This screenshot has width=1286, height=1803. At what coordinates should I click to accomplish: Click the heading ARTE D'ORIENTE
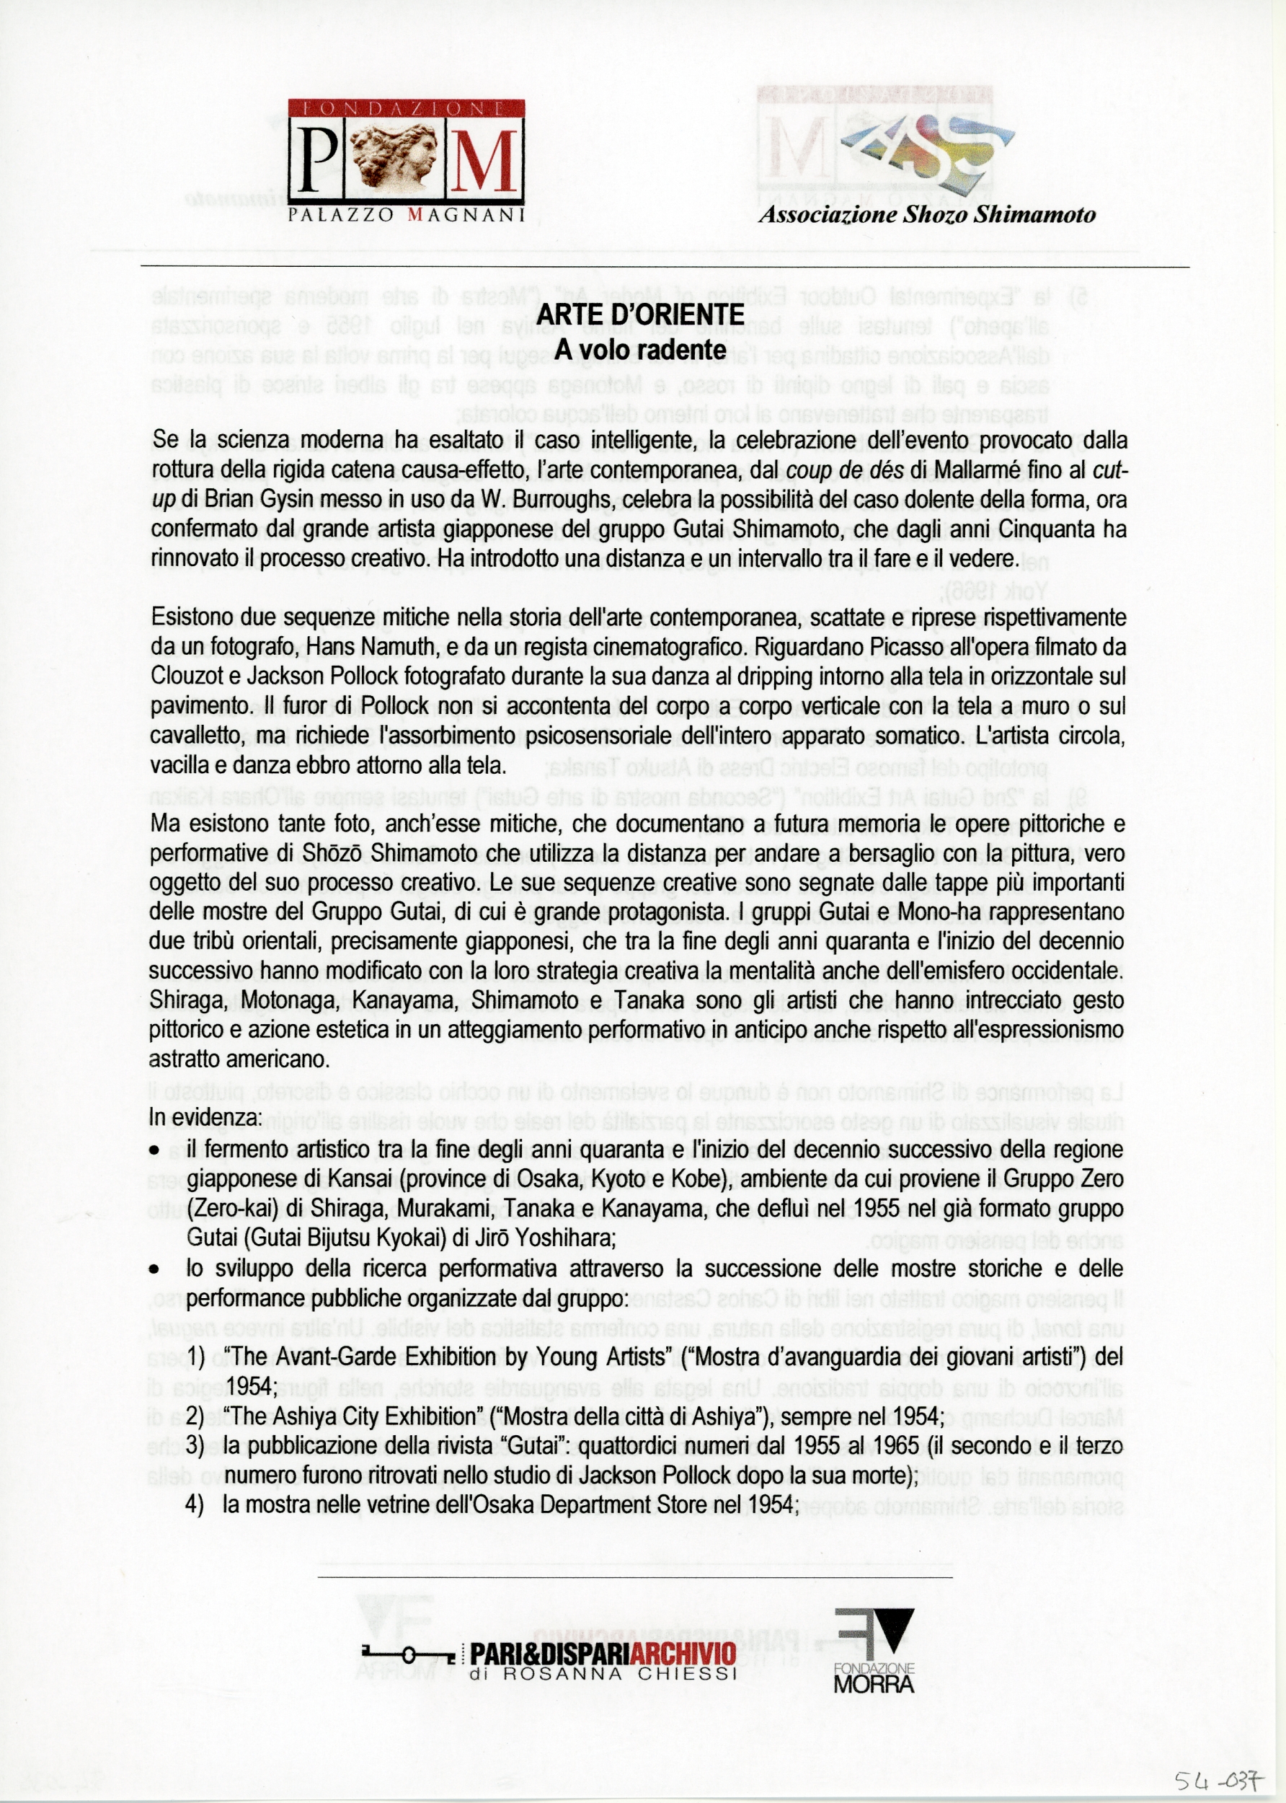640,314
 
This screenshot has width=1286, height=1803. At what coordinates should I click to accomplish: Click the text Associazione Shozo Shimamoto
926,215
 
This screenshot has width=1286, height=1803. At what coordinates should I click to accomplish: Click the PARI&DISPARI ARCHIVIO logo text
603,1653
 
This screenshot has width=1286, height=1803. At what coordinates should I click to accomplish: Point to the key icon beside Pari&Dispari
407,1654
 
